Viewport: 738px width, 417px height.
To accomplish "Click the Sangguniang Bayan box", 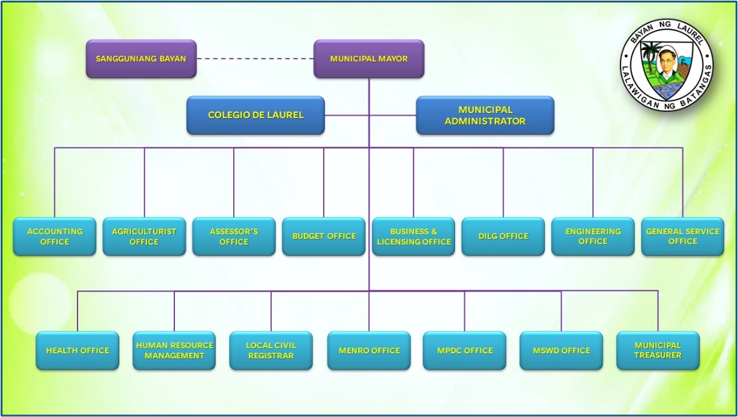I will point(141,59).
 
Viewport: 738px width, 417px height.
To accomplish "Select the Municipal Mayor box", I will point(369,59).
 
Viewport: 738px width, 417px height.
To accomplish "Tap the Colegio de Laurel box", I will point(256,115).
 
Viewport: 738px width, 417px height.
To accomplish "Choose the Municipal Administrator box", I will point(485,115).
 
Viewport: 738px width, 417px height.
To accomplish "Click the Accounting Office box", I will point(54,236).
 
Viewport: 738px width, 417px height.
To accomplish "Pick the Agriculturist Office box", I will point(144,236).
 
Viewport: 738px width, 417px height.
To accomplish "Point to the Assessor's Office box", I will point(234,236).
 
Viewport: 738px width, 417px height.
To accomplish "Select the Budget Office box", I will point(324,236).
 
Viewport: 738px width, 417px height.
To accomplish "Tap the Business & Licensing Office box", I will point(414,236).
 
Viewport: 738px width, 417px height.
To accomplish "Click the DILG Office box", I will point(503,236).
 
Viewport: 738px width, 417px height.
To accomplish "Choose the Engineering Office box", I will point(593,236).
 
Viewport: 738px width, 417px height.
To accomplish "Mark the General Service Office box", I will point(682,236).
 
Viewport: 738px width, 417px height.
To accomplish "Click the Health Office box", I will point(77,350).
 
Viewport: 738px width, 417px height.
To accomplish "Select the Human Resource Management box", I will point(174,350).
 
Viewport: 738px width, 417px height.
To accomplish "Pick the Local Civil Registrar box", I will point(271,350).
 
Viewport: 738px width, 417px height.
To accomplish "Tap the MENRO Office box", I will point(369,350).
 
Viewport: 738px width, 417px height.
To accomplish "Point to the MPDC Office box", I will point(464,350).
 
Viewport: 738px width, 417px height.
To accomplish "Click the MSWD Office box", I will point(561,350).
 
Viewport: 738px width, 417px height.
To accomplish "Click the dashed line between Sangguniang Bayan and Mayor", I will point(255,59).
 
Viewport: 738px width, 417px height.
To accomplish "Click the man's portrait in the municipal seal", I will point(666,66).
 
